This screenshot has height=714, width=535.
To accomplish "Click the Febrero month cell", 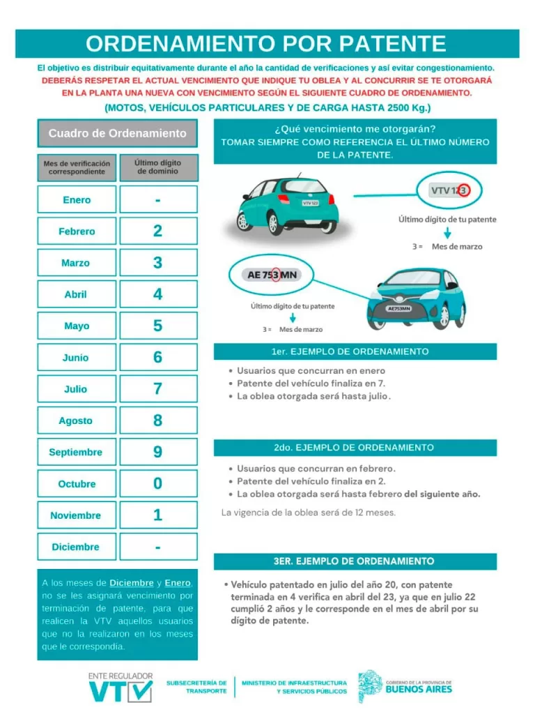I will tap(77, 231).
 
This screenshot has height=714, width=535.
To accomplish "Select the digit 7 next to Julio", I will tap(158, 389).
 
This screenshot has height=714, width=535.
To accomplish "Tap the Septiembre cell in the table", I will tap(77, 453).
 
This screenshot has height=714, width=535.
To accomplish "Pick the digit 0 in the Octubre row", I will tap(158, 484).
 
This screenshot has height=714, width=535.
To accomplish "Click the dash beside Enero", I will tap(158, 200).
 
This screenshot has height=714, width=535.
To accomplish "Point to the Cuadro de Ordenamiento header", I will tap(117, 133).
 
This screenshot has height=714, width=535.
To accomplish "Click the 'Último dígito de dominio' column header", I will tap(158, 167).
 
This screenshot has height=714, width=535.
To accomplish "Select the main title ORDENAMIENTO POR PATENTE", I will tap(267, 44).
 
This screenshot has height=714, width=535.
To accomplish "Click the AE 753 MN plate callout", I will tap(272, 275).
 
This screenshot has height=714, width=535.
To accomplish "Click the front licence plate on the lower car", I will tap(398, 307).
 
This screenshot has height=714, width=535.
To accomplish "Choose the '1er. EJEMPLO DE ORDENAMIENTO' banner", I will tap(355, 351).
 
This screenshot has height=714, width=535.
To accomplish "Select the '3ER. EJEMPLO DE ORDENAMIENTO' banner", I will tap(355, 561).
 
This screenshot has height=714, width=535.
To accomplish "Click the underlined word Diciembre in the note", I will tap(132, 582).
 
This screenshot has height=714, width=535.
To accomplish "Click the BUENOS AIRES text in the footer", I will tap(419, 690).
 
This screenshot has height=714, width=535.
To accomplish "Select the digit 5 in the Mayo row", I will tap(158, 326).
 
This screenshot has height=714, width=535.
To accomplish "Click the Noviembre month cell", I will tap(77, 516).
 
